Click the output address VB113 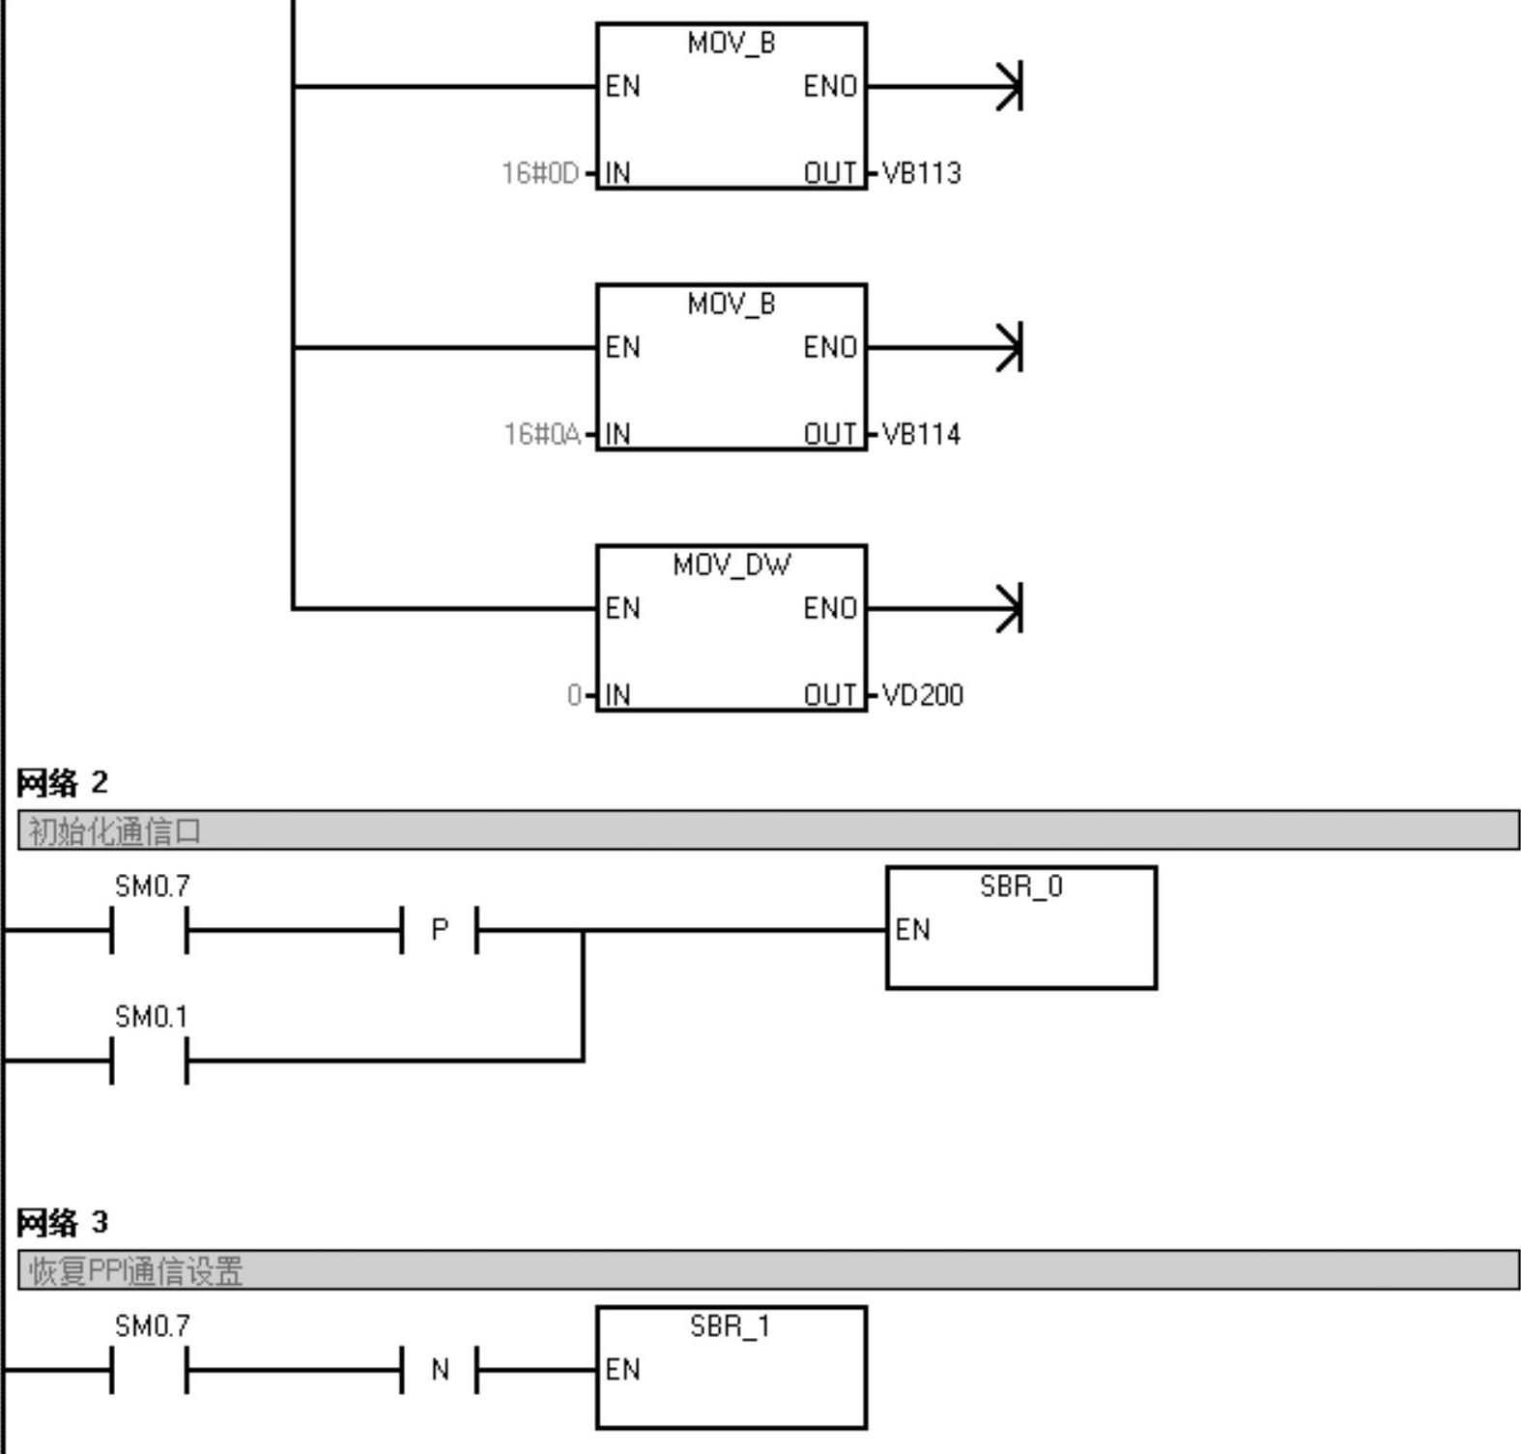pos(922,173)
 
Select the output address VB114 pos(922,434)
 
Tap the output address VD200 pos(923,695)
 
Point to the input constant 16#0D pos(539,173)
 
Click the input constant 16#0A pos(541,434)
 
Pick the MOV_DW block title pos(732,565)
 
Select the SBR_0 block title pos(1020,887)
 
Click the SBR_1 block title pos(731,1326)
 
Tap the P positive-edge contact pos(440,930)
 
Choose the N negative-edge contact pos(440,1370)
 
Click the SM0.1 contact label pos(151,1017)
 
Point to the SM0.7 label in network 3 pos(152,1326)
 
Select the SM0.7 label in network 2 pos(152,887)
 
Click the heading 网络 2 pos(62,783)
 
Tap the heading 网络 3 pos(62,1223)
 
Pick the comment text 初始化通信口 pos(115,831)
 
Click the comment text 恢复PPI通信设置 pos(135,1271)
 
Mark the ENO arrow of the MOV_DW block pos(1008,608)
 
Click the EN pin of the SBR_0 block pos(912,930)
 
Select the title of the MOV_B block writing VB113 pos(732,44)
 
